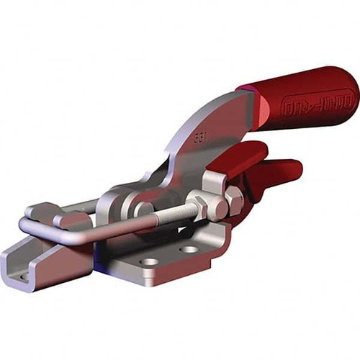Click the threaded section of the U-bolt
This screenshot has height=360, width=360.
click(169, 214)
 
